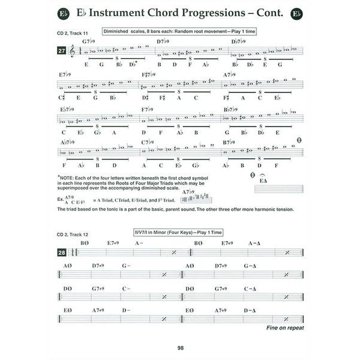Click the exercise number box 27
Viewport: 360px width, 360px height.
pyautogui.click(x=61, y=52)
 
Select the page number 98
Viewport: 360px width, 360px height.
pyautogui.click(x=180, y=347)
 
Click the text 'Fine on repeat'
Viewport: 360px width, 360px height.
pyautogui.click(x=285, y=328)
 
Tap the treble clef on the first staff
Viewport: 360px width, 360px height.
pyautogui.click(x=74, y=52)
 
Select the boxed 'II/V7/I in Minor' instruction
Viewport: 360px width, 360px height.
pyautogui.click(x=178, y=232)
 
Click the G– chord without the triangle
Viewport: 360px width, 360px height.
pyautogui.click(x=127, y=265)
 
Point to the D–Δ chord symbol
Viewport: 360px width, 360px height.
pyautogui.click(x=254, y=310)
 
